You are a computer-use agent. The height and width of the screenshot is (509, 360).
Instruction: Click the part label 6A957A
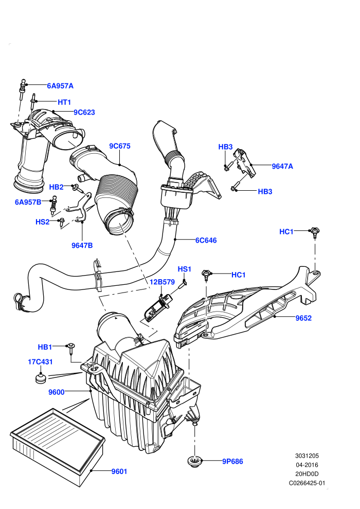click(60, 86)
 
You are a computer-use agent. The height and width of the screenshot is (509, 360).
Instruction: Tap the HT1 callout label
click(64, 102)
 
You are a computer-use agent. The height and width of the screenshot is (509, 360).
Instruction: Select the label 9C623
click(84, 112)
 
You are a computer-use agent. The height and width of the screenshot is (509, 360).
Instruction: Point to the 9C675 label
click(120, 146)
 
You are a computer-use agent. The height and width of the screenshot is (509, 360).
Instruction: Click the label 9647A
click(282, 166)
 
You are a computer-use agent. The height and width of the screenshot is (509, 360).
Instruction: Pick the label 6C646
click(206, 240)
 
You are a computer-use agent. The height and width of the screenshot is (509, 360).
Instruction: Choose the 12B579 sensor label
click(162, 282)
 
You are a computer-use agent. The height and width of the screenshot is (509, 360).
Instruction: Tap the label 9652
click(303, 318)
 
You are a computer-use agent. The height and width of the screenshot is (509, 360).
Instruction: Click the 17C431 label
click(40, 361)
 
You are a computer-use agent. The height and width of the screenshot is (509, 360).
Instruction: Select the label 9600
click(57, 392)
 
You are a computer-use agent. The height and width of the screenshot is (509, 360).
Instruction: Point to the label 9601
click(119, 471)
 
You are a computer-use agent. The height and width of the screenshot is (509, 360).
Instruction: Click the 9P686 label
click(232, 461)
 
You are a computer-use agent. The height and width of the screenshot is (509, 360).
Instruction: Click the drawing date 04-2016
click(307, 465)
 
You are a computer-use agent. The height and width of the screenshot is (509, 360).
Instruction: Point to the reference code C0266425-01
click(307, 483)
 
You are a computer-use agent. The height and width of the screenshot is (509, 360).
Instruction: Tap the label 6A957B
click(28, 202)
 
